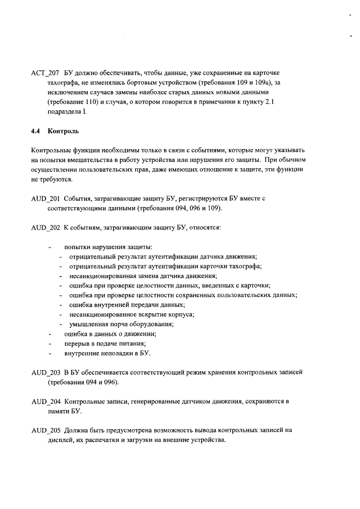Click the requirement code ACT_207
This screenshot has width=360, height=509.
click(x=44, y=74)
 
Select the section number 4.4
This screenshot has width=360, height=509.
click(x=36, y=132)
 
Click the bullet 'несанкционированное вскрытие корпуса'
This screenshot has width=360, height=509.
click(x=132, y=314)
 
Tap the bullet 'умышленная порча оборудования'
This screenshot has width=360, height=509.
click(x=121, y=324)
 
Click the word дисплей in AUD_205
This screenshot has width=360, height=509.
click(x=61, y=440)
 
